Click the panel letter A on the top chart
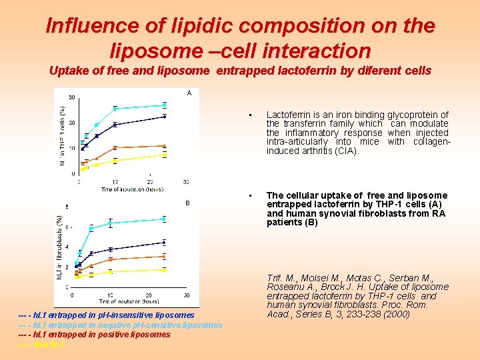pyautogui.click(x=189, y=93)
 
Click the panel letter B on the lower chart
pyautogui.click(x=187, y=203)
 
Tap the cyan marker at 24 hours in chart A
pyautogui.click(x=165, y=105)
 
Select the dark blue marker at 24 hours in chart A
pyautogui.click(x=165, y=117)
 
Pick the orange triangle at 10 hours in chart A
pyautogui.click(x=115, y=147)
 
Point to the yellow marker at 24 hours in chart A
pyautogui.click(x=165, y=155)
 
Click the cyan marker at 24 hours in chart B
pyautogui.click(x=164, y=219)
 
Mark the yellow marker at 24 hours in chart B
pyautogui.click(x=164, y=270)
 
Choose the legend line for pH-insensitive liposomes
pyautogui.click(x=107, y=315)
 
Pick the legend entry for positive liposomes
pyautogui.click(x=95, y=335)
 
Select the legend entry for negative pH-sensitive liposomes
pyautogui.click(x=120, y=325)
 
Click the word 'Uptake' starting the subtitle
pyautogui.click(x=69, y=71)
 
